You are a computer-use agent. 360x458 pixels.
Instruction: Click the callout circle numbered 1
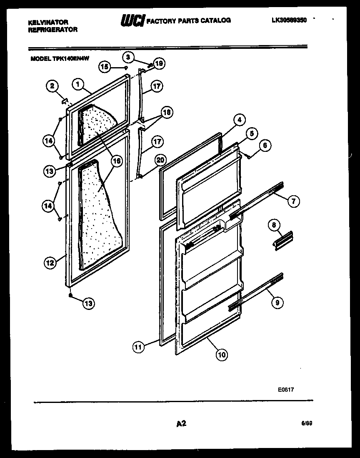tap(77, 84)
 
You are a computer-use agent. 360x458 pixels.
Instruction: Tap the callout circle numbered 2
tap(52, 86)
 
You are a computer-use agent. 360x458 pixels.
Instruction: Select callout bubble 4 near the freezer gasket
tap(239, 120)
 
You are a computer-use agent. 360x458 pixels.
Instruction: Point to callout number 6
tap(265, 146)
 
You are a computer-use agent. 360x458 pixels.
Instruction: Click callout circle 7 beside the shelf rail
tap(293, 201)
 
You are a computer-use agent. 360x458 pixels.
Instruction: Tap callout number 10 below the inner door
tap(222, 355)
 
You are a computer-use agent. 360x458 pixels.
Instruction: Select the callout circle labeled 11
tap(138, 346)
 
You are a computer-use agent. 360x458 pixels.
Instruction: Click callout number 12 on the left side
tap(50, 262)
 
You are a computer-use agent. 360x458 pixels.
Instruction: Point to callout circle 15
tap(105, 66)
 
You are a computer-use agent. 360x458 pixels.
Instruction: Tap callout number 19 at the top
tap(159, 63)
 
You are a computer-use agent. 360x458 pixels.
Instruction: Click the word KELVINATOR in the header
tap(48, 22)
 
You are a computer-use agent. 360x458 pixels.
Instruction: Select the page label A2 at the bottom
tap(181, 424)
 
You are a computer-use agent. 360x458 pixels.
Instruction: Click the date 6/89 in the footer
tap(307, 423)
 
